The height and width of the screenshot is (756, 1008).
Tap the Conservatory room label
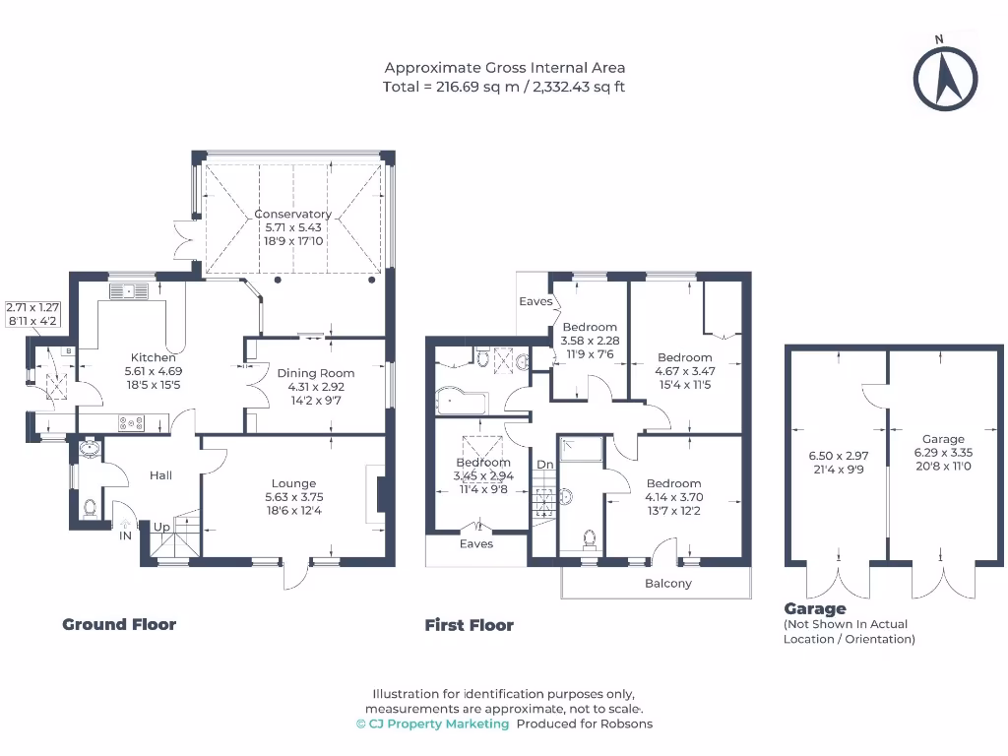(293, 214)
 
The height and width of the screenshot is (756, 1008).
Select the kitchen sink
(130, 289)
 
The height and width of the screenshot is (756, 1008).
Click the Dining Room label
(315, 373)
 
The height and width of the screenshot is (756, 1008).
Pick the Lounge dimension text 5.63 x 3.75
(293, 497)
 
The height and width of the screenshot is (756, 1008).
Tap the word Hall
(160, 475)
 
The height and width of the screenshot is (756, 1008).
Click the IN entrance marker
(126, 536)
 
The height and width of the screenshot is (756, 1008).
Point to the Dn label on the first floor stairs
(544, 465)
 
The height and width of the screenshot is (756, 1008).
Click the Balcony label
(668, 583)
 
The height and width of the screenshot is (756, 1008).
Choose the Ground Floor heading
(119, 624)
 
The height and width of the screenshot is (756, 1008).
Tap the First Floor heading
(470, 625)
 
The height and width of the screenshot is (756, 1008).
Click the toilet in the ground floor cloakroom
(90, 508)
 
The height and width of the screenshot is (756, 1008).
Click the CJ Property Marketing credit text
(433, 724)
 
